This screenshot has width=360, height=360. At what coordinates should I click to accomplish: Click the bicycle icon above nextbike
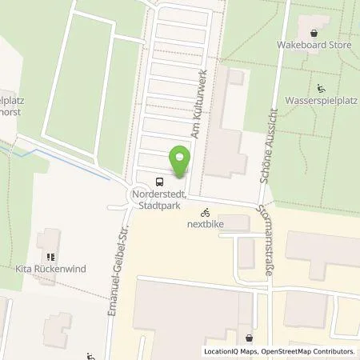tap(206, 213)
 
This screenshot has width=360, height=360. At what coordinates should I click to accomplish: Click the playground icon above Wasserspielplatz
tap(320, 89)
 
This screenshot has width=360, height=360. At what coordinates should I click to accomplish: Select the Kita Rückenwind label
tap(50, 270)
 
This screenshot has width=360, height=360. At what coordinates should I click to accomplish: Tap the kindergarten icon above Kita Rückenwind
tap(50, 258)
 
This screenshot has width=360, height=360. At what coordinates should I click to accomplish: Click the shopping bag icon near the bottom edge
tap(250, 338)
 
